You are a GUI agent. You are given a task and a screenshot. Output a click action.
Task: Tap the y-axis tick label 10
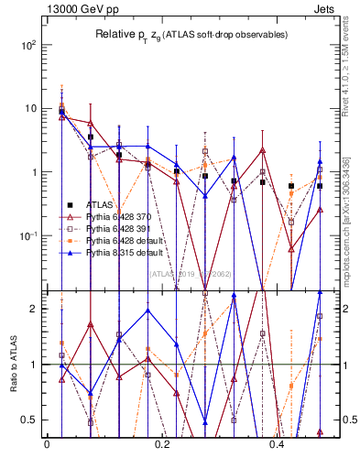[x=32, y=108]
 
